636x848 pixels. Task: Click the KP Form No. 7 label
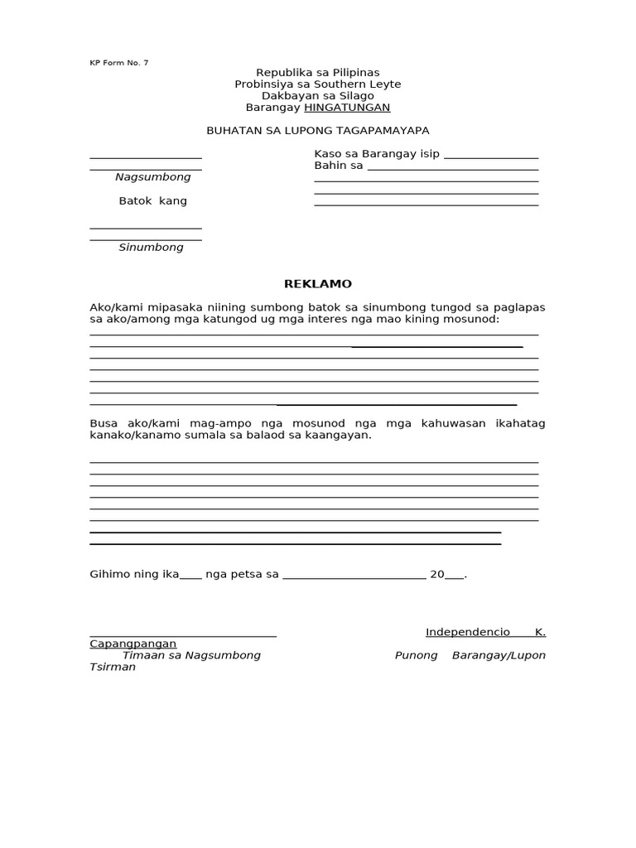coord(119,63)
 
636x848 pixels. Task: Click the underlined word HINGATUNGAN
coord(347,108)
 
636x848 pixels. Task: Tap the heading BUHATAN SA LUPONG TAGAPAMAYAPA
coord(318,131)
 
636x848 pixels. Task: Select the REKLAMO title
coord(318,284)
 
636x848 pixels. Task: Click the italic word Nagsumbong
coord(152,177)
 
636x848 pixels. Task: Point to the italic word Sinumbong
coord(151,248)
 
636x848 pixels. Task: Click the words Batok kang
coord(153,201)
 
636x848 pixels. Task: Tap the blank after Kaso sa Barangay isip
coord(491,156)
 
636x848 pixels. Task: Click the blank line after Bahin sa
coord(452,167)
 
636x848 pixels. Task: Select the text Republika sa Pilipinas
coord(318,73)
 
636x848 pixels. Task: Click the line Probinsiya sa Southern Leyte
coord(318,84)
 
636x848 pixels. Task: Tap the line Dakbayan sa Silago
coord(318,96)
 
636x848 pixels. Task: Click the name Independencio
coord(468,633)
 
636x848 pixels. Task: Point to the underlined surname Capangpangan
coord(133,644)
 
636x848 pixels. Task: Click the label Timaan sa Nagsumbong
coord(191,655)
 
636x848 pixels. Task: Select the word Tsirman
coord(113,667)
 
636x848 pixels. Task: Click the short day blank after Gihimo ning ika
coord(190,576)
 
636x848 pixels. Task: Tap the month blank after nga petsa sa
coord(354,576)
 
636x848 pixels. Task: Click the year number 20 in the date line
coord(437,574)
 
